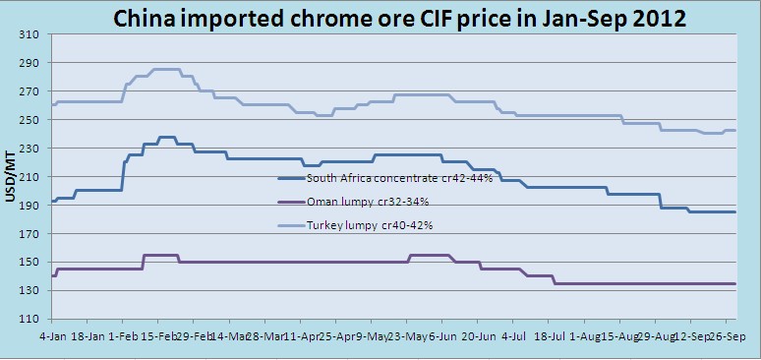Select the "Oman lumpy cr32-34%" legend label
[x=351, y=202]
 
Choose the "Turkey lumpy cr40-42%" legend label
[x=355, y=225]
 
